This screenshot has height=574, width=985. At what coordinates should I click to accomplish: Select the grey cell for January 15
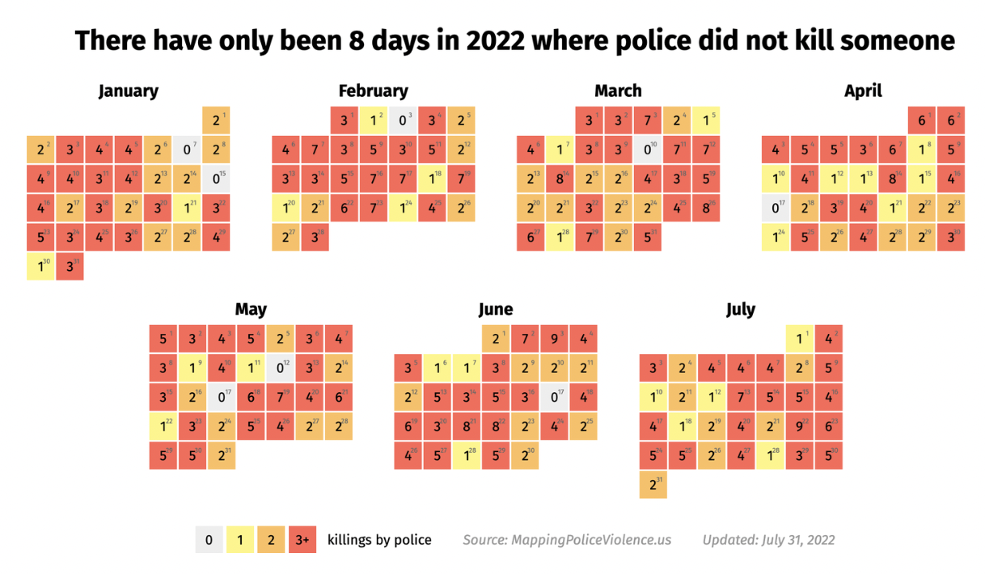216,179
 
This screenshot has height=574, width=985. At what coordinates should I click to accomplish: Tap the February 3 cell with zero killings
403,120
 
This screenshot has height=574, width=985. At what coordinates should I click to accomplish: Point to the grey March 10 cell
648,150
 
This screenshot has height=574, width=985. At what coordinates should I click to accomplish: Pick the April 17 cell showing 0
776,208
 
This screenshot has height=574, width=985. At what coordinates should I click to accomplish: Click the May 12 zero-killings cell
281,368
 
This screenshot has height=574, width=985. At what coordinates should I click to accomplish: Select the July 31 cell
653,484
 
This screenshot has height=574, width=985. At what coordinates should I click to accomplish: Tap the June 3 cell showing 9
555,339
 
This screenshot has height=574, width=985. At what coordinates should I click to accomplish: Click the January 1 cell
216,120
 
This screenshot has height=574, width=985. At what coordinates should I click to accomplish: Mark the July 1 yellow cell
800,339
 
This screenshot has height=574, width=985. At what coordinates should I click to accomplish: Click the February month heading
373,91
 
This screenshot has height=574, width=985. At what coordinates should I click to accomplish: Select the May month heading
251,309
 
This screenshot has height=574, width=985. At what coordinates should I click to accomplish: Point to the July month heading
740,309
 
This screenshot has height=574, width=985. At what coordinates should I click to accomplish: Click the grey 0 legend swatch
209,540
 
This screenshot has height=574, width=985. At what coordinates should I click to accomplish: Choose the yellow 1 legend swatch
239,540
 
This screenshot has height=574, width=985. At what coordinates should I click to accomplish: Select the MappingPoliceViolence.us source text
567,540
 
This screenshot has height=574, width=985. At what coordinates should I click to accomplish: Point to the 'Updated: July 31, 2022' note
768,540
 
